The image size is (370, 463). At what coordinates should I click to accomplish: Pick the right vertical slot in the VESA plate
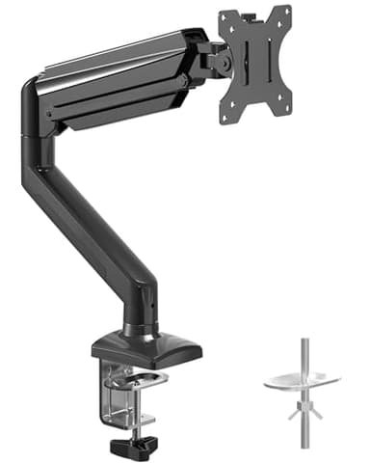(271, 64)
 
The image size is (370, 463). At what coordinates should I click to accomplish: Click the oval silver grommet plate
(302, 380)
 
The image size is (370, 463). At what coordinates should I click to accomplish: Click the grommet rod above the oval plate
(302, 353)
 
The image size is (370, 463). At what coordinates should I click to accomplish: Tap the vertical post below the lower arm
(140, 309)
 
